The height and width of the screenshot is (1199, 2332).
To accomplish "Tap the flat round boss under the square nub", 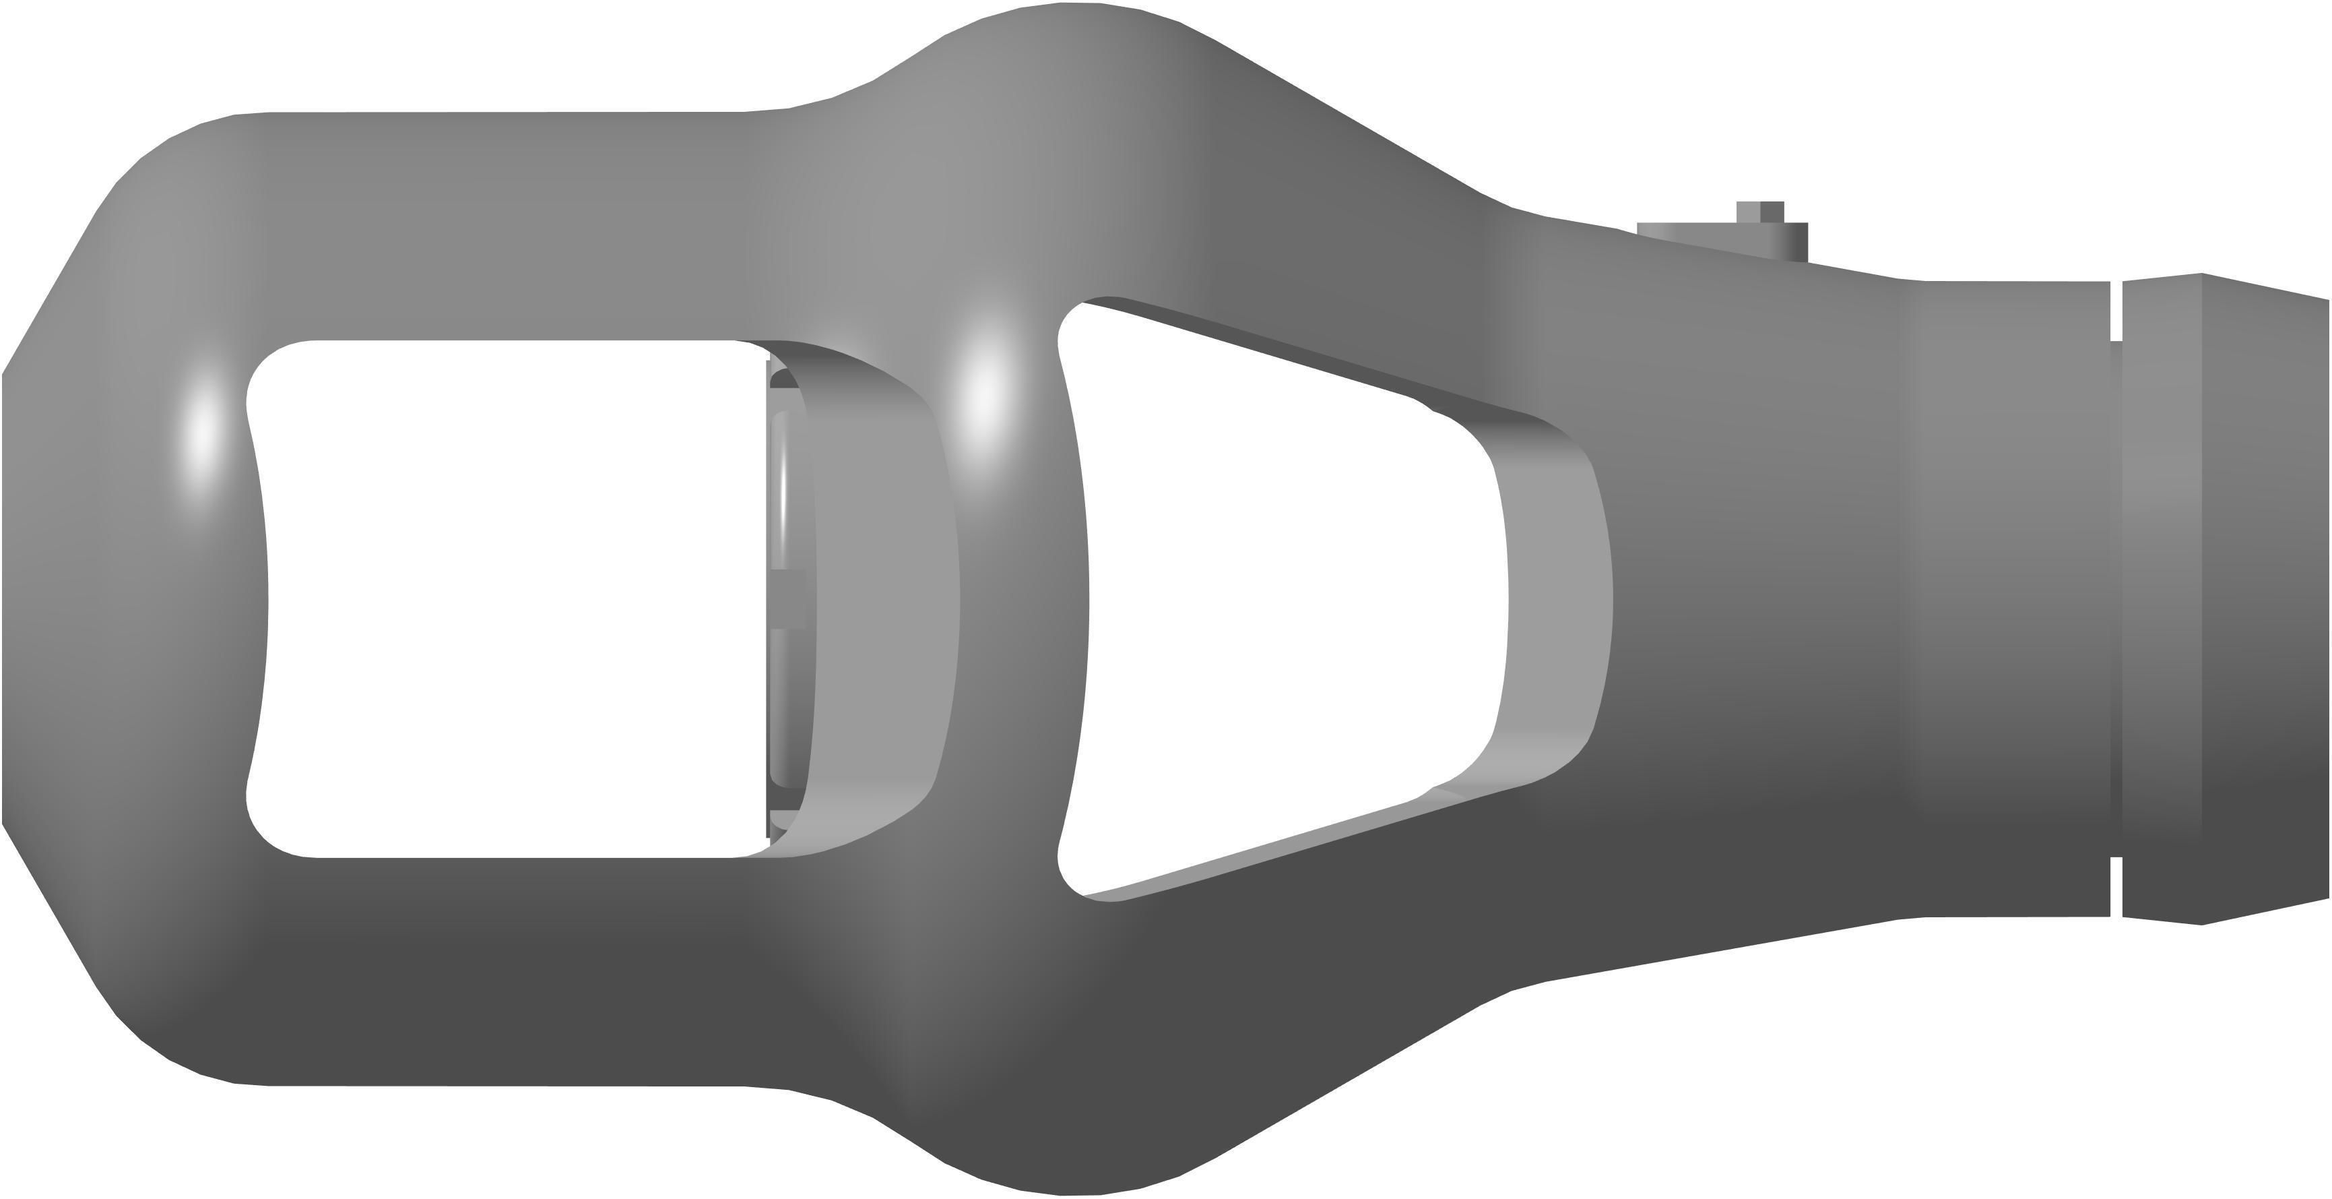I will pos(1720,237).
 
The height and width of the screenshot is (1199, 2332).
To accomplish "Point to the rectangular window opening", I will pos(507,598).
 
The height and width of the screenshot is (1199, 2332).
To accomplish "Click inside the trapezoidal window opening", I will pos(1285,598).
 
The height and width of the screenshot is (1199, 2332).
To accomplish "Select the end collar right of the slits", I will pos(2227,598).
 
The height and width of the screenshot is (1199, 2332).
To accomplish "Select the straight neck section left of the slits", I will pos(2010,598).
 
